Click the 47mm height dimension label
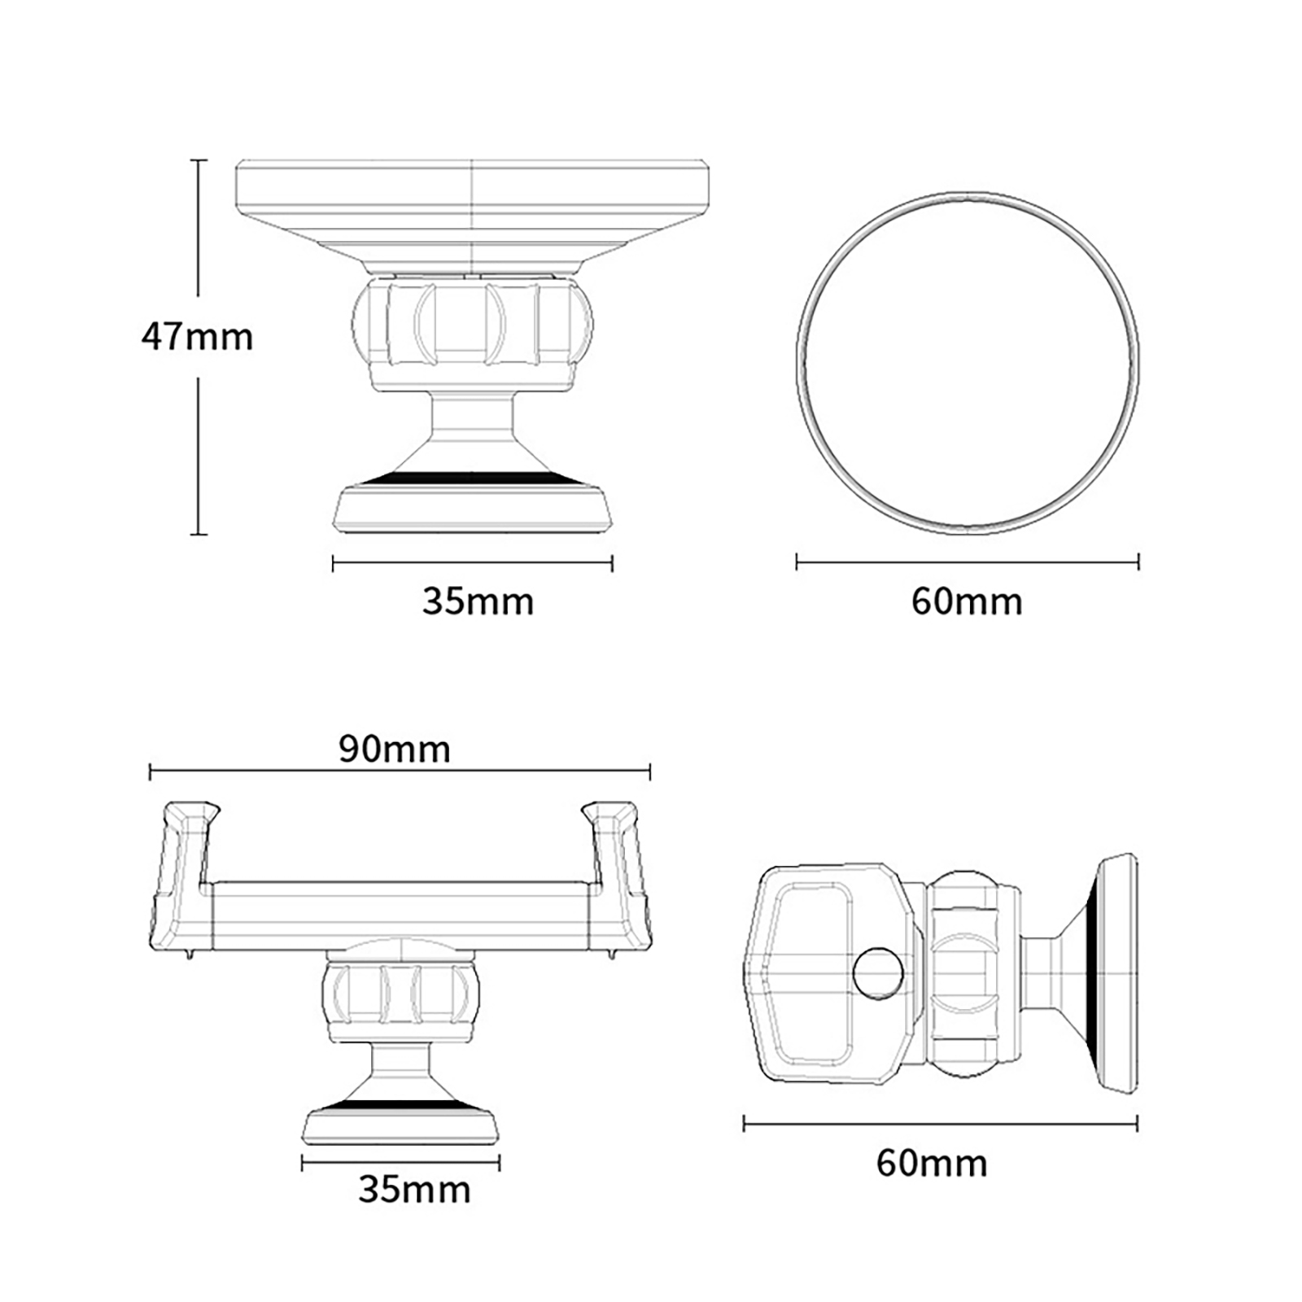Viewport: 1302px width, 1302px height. click(x=197, y=337)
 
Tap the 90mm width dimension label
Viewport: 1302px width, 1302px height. click(x=395, y=749)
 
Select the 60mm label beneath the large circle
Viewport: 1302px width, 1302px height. click(x=967, y=602)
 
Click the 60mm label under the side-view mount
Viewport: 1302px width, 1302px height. click(x=932, y=1164)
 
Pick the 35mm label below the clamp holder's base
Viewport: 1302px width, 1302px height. click(x=414, y=1191)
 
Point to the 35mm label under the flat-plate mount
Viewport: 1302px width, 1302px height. click(x=478, y=602)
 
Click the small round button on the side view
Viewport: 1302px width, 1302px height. click(x=878, y=972)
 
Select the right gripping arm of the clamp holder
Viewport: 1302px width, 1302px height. click(x=618, y=876)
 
